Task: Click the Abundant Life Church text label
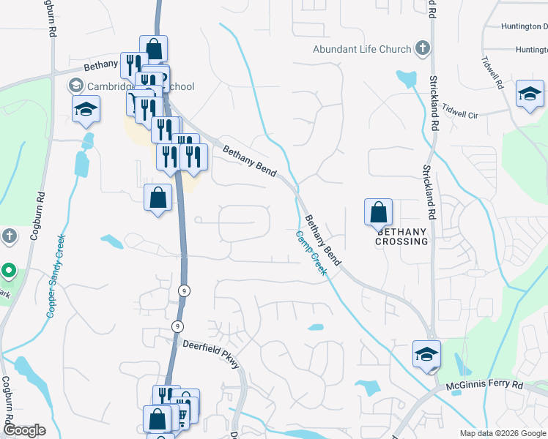tap(362, 49)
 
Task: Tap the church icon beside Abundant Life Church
tap(422, 49)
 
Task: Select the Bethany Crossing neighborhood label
tap(401, 236)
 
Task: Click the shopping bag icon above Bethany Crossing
tap(378, 212)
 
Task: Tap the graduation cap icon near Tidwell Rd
tap(530, 94)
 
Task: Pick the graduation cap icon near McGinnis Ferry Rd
tap(426, 354)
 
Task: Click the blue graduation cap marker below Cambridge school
tap(86, 110)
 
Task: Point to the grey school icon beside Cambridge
tap(75, 86)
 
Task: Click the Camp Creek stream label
tap(311, 252)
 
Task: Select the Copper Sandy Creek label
tap(56, 276)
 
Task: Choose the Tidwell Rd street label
tap(492, 73)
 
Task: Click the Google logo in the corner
tap(25, 430)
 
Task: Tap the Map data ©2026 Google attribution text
tap(502, 432)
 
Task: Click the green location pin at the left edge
tap(8, 271)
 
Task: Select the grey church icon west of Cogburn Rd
tap(8, 236)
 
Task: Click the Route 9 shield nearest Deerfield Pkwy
tap(177, 326)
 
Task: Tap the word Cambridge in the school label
tap(110, 86)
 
